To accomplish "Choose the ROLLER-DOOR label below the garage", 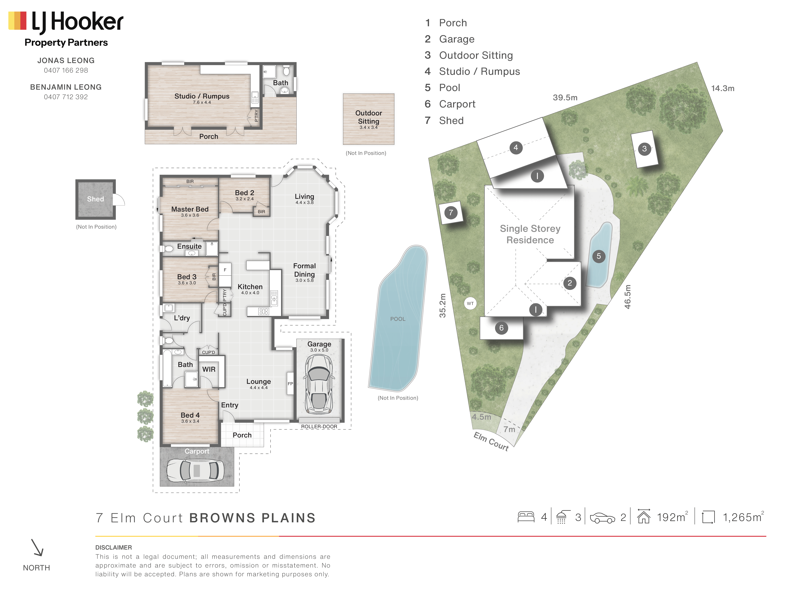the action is [x=319, y=426].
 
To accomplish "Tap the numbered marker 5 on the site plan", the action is [x=599, y=256].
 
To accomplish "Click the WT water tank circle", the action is [x=470, y=303].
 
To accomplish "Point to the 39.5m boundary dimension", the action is [x=565, y=98].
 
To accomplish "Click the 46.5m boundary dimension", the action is [x=628, y=297].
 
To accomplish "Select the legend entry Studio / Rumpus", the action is [x=479, y=71].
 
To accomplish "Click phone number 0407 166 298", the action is [x=66, y=70].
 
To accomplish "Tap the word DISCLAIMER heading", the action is [x=114, y=547].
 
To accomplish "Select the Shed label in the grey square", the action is [x=95, y=199].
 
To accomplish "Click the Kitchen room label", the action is [x=250, y=286].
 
